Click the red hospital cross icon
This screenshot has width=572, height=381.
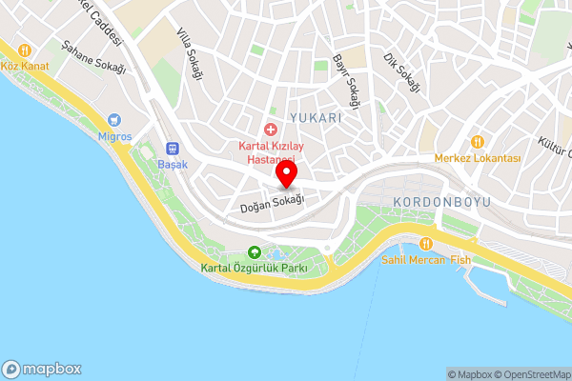(x=271, y=129)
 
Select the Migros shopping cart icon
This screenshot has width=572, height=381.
(x=115, y=120)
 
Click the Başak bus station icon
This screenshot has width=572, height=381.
(x=173, y=148)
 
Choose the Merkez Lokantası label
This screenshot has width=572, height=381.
(x=477, y=157)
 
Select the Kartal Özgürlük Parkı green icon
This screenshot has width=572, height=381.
(x=254, y=252)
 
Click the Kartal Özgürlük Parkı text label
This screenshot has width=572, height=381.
(x=254, y=269)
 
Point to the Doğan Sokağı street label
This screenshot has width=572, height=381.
(x=271, y=203)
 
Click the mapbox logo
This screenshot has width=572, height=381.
(x=42, y=369)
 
